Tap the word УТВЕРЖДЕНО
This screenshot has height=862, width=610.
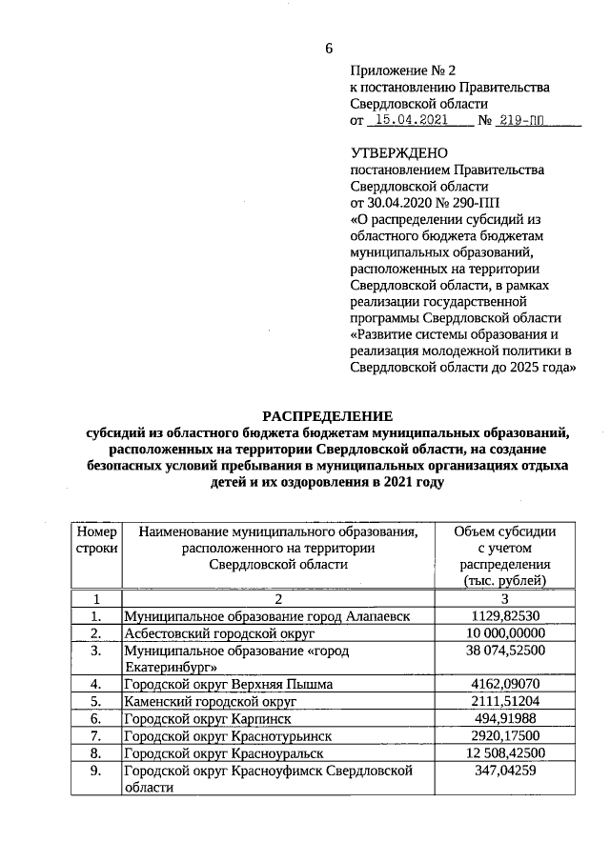(x=399, y=152)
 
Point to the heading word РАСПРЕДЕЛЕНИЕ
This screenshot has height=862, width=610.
(x=327, y=415)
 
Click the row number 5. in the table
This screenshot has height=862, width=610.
(x=95, y=701)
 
